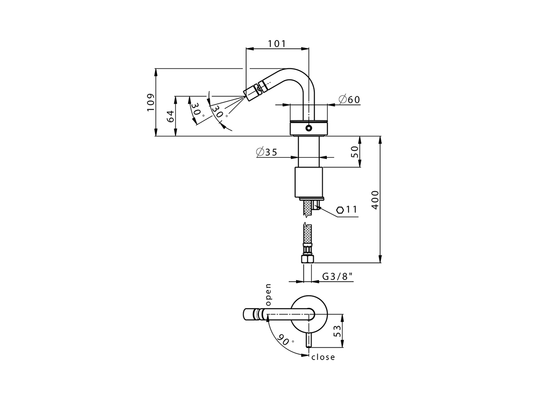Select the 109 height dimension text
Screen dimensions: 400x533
(x=150, y=102)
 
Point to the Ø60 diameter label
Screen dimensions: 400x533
(x=349, y=100)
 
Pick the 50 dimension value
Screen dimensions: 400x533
(x=355, y=152)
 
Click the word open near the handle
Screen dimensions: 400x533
(x=268, y=295)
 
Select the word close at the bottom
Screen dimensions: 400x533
(x=323, y=357)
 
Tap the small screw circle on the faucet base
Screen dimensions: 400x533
(x=309, y=128)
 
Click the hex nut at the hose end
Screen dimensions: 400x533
(x=307, y=259)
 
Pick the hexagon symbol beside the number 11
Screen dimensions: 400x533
(x=340, y=210)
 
